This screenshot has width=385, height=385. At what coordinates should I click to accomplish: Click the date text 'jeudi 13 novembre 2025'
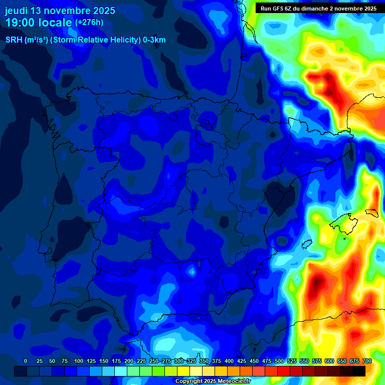pyautogui.click(x=60, y=11)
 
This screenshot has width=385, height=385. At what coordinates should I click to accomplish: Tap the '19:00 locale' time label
pyautogui.click(x=39, y=23)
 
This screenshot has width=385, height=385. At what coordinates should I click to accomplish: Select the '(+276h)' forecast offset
pyautogui.click(x=89, y=23)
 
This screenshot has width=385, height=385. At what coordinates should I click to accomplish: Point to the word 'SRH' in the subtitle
pyautogui.click(x=14, y=40)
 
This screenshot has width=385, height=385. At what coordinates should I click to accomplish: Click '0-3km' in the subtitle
pyautogui.click(x=154, y=40)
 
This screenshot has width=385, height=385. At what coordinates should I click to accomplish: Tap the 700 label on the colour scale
pyautogui.click(x=367, y=361)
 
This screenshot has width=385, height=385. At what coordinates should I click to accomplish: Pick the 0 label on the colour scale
pyautogui.click(x=26, y=361)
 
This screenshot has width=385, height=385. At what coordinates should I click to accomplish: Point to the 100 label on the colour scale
pyautogui.click(x=79, y=361)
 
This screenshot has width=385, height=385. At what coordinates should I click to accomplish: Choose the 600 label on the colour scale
pyautogui.click(x=329, y=361)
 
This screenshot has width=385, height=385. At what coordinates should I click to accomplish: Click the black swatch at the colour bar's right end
pyautogui.click(x=359, y=371)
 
